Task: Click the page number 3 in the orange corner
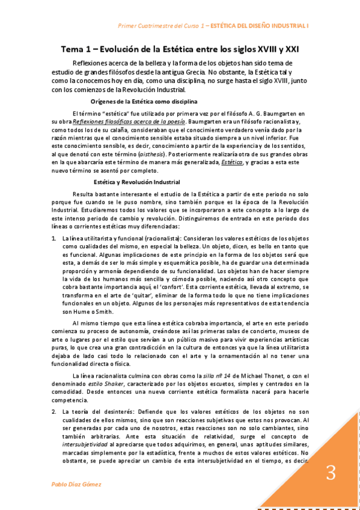click(330, 473)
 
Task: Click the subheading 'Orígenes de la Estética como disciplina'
click(144, 101)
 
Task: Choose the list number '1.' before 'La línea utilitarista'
click(53, 239)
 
